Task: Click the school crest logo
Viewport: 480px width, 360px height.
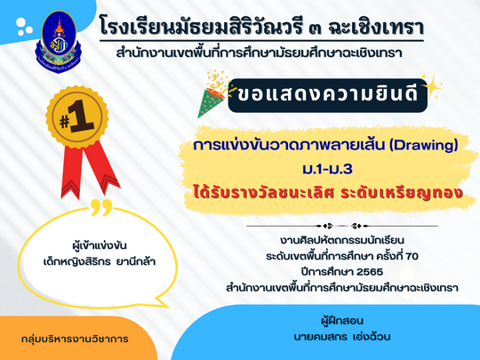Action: [59, 41]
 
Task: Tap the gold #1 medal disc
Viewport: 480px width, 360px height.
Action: [76, 117]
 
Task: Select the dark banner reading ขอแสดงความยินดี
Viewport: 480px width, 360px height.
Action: [327, 95]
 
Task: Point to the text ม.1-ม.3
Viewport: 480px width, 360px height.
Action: [327, 169]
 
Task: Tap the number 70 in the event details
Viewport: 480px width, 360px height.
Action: [412, 256]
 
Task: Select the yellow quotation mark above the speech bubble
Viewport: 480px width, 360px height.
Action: [101, 207]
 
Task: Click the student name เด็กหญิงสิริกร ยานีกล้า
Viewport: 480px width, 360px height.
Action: [100, 262]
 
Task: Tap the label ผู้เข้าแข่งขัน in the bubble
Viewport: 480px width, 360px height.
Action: [100, 245]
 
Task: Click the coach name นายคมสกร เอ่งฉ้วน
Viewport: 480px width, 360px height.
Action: [342, 337]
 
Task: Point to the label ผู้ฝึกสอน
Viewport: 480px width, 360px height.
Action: [342, 321]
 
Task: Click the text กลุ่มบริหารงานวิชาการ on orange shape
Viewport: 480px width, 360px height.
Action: [75, 340]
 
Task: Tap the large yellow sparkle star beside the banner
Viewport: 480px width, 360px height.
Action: [432, 86]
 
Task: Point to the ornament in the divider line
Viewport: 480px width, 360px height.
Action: [342, 227]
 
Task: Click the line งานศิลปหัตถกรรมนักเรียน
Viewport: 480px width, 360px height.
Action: [342, 240]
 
